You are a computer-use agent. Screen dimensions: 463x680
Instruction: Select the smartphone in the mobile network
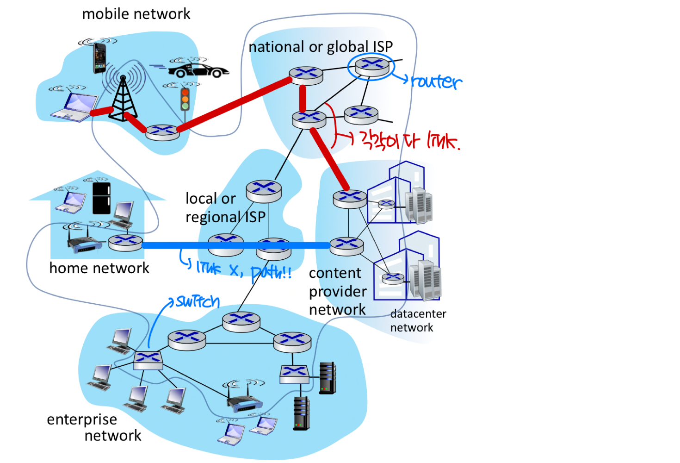pyautogui.click(x=99, y=58)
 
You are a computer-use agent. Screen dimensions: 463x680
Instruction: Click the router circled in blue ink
pyautogui.click(x=371, y=66)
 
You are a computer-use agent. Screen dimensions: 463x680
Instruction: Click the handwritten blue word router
pyautogui.click(x=436, y=82)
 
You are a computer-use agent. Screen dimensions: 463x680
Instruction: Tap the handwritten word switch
pyautogui.click(x=198, y=302)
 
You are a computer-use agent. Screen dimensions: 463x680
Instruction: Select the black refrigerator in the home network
pyautogui.click(x=101, y=198)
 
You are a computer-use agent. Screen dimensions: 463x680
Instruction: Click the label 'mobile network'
pyautogui.click(x=136, y=14)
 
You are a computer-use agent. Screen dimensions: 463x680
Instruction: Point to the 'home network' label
pyautogui.click(x=99, y=268)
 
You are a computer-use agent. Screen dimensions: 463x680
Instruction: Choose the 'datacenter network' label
pyautogui.click(x=418, y=320)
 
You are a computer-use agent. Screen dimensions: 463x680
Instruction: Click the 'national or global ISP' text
pyautogui.click(x=321, y=47)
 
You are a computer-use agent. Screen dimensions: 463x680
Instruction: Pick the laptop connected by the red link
pyautogui.click(x=74, y=107)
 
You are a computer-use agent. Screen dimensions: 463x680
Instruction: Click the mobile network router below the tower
pyautogui.click(x=162, y=132)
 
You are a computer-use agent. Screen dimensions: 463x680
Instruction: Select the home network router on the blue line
pyautogui.click(x=125, y=242)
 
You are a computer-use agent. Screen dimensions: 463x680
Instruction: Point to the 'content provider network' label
pyautogui.click(x=338, y=291)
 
